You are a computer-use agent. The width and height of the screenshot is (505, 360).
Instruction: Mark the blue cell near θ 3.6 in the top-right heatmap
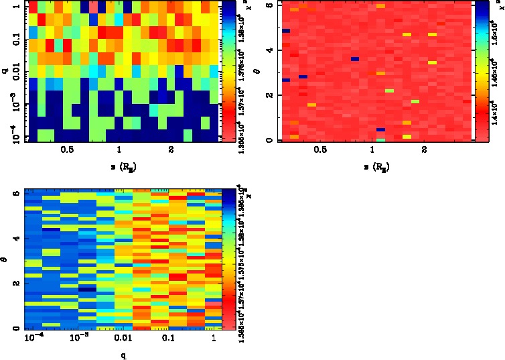click(x=355, y=59)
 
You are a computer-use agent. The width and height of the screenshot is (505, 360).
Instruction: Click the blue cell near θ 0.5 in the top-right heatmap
click(x=380, y=129)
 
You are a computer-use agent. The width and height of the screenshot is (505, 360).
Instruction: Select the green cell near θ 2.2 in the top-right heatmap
click(x=389, y=90)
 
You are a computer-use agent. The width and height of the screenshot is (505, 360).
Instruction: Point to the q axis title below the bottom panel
click(x=124, y=354)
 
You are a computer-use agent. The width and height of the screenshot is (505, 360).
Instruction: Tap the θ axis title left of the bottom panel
click(x=5, y=258)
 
